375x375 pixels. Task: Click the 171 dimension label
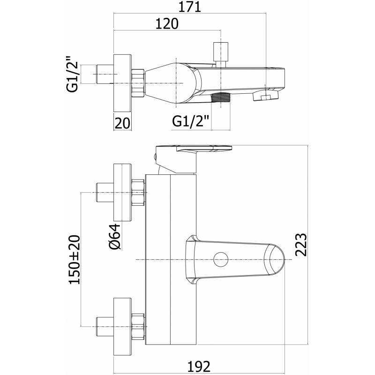tap(190, 7)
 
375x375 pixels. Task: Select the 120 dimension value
tap(167, 24)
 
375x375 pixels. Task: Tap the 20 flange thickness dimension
tap(122, 123)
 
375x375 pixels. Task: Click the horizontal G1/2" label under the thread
tap(191, 121)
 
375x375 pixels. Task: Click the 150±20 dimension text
tap(75, 260)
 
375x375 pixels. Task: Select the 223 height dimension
tap(300, 245)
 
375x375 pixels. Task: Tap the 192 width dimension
tap(199, 366)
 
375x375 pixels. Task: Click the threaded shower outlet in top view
tap(220, 98)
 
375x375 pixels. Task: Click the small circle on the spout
tap(221, 260)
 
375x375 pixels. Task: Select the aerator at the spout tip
tap(265, 95)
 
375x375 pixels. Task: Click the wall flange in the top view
tap(122, 83)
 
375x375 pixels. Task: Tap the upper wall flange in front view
tap(122, 193)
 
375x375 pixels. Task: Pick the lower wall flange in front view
tap(122, 326)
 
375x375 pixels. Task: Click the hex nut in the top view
tap(138, 83)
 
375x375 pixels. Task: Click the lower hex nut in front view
tap(138, 326)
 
